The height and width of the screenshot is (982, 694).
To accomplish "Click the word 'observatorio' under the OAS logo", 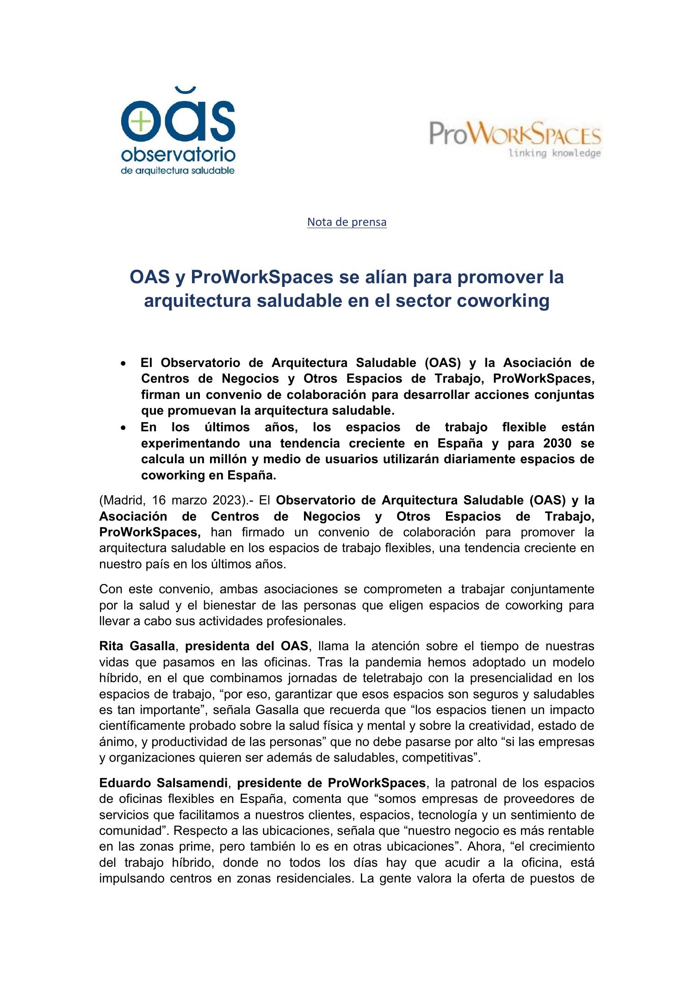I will click(x=178, y=155).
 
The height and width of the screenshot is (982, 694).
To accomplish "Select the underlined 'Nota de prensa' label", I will click(x=347, y=222).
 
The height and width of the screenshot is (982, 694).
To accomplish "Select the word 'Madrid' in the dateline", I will click(x=122, y=501).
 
